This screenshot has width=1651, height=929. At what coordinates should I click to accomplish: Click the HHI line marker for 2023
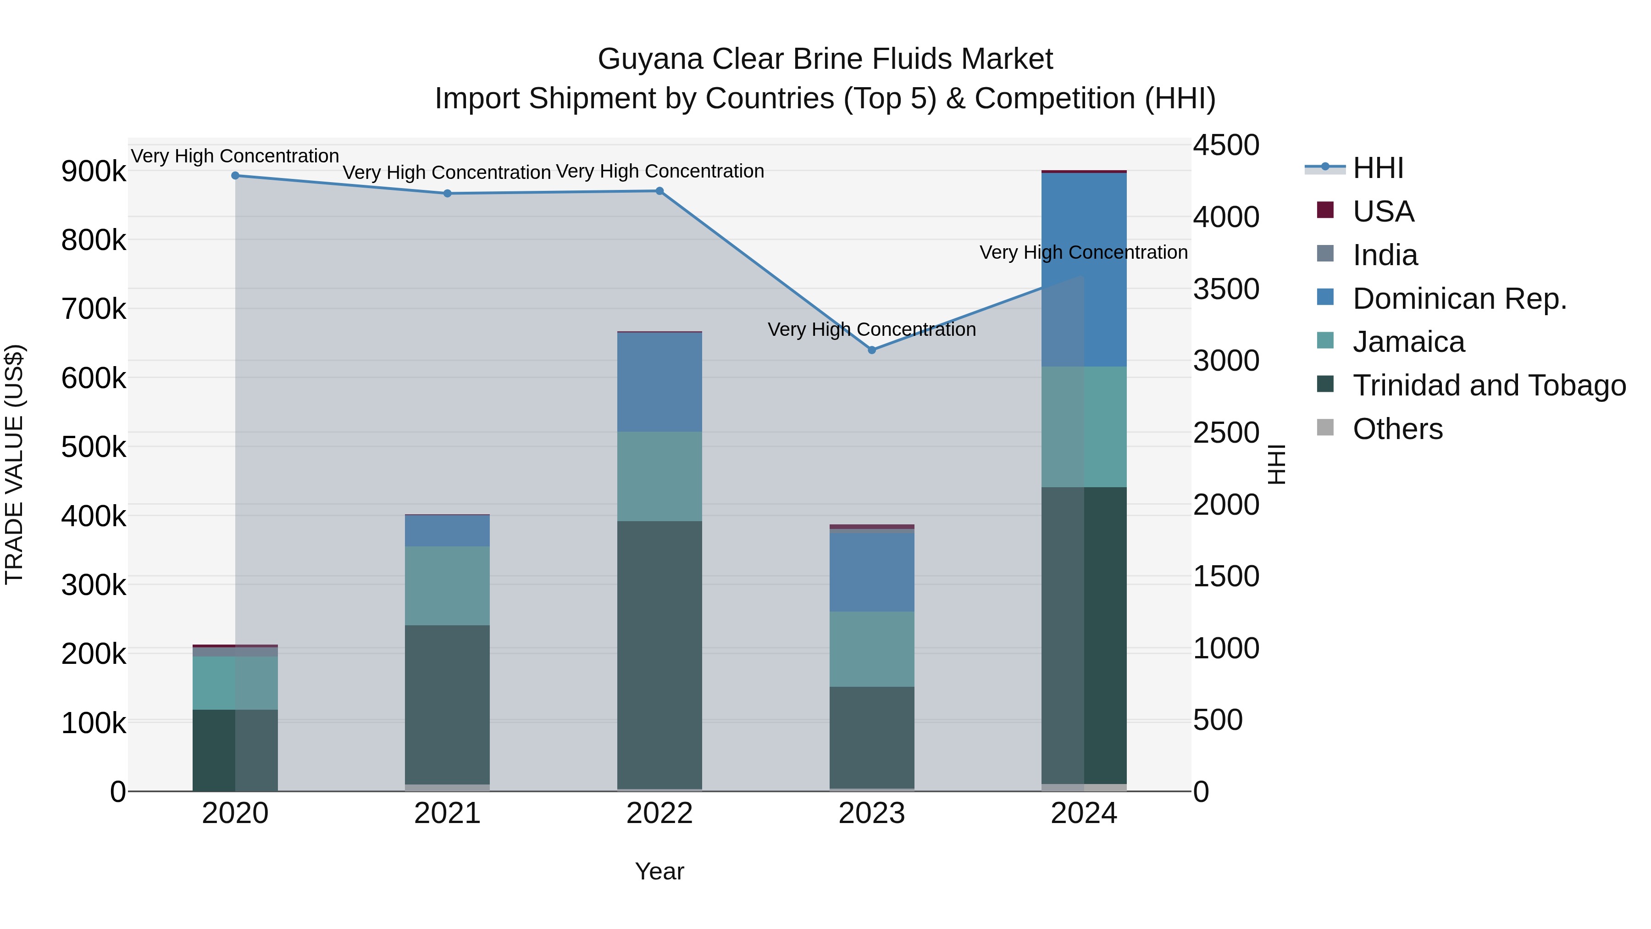(x=872, y=350)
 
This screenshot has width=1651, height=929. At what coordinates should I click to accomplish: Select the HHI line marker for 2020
(x=235, y=176)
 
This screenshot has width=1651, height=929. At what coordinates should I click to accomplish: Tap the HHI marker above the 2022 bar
(x=659, y=191)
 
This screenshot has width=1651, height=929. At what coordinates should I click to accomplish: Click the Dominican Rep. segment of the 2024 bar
(x=1084, y=269)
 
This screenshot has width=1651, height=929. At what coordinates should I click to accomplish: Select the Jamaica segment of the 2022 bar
(x=659, y=476)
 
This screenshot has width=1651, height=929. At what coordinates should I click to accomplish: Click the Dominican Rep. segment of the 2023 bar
(x=872, y=572)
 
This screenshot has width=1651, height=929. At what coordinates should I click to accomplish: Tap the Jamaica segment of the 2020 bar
(x=235, y=683)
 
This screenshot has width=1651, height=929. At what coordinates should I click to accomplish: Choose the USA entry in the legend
(x=1383, y=211)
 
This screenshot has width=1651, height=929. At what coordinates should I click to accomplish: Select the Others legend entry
(x=1397, y=429)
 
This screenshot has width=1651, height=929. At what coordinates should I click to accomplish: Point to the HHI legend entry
(x=1378, y=168)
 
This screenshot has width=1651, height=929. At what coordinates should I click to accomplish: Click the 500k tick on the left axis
(x=94, y=447)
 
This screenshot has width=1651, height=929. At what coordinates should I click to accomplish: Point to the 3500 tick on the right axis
(x=1225, y=289)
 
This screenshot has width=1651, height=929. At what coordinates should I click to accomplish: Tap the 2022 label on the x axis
(x=659, y=813)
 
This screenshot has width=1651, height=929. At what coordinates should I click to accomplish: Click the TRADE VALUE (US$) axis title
(x=14, y=464)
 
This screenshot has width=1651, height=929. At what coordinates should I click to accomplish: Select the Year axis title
(x=659, y=871)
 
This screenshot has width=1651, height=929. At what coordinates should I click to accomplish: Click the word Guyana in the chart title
(x=650, y=59)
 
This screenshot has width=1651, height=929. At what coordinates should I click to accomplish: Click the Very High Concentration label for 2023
(x=872, y=329)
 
